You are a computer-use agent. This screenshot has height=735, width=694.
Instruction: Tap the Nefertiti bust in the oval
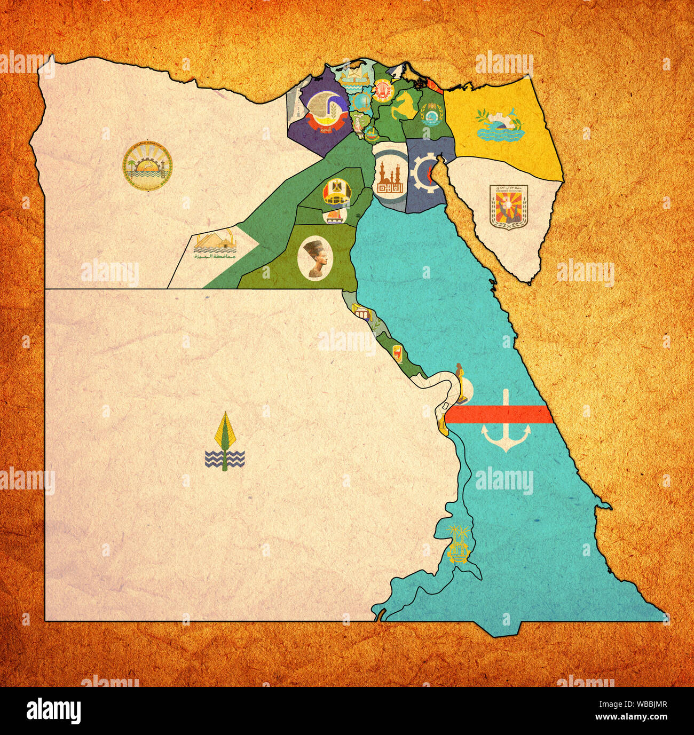click(x=316, y=258)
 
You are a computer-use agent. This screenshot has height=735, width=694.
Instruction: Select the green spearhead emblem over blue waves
click(x=225, y=442)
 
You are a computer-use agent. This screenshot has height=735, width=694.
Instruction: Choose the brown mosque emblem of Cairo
click(x=390, y=177)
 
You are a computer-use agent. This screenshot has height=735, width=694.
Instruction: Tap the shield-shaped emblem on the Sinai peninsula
click(x=508, y=206)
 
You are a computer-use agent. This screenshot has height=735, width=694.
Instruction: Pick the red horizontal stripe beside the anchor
click(x=498, y=414)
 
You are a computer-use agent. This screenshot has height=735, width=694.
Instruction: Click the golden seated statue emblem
click(x=462, y=384)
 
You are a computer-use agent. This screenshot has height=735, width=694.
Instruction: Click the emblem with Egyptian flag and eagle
click(x=336, y=192)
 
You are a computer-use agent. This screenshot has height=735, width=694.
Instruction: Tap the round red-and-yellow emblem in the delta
click(x=382, y=90)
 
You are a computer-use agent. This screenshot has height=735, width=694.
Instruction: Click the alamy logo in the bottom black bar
click(x=53, y=711)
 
